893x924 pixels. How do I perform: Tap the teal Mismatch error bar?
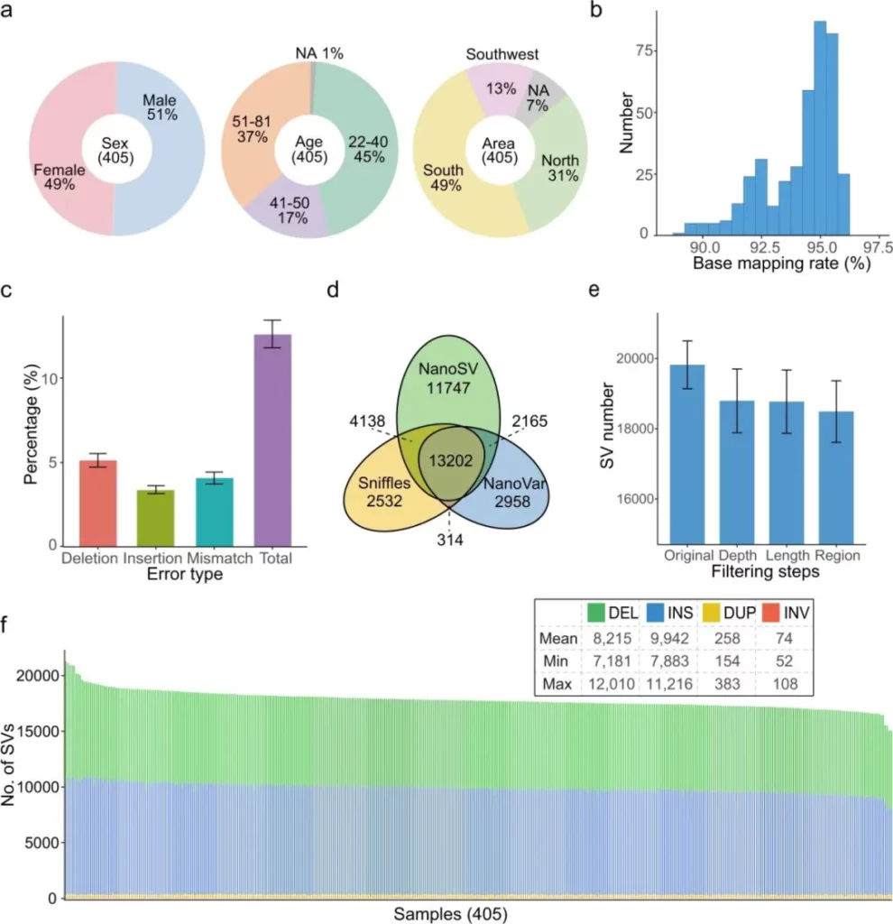(214, 512)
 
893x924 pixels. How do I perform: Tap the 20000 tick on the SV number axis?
(634, 358)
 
